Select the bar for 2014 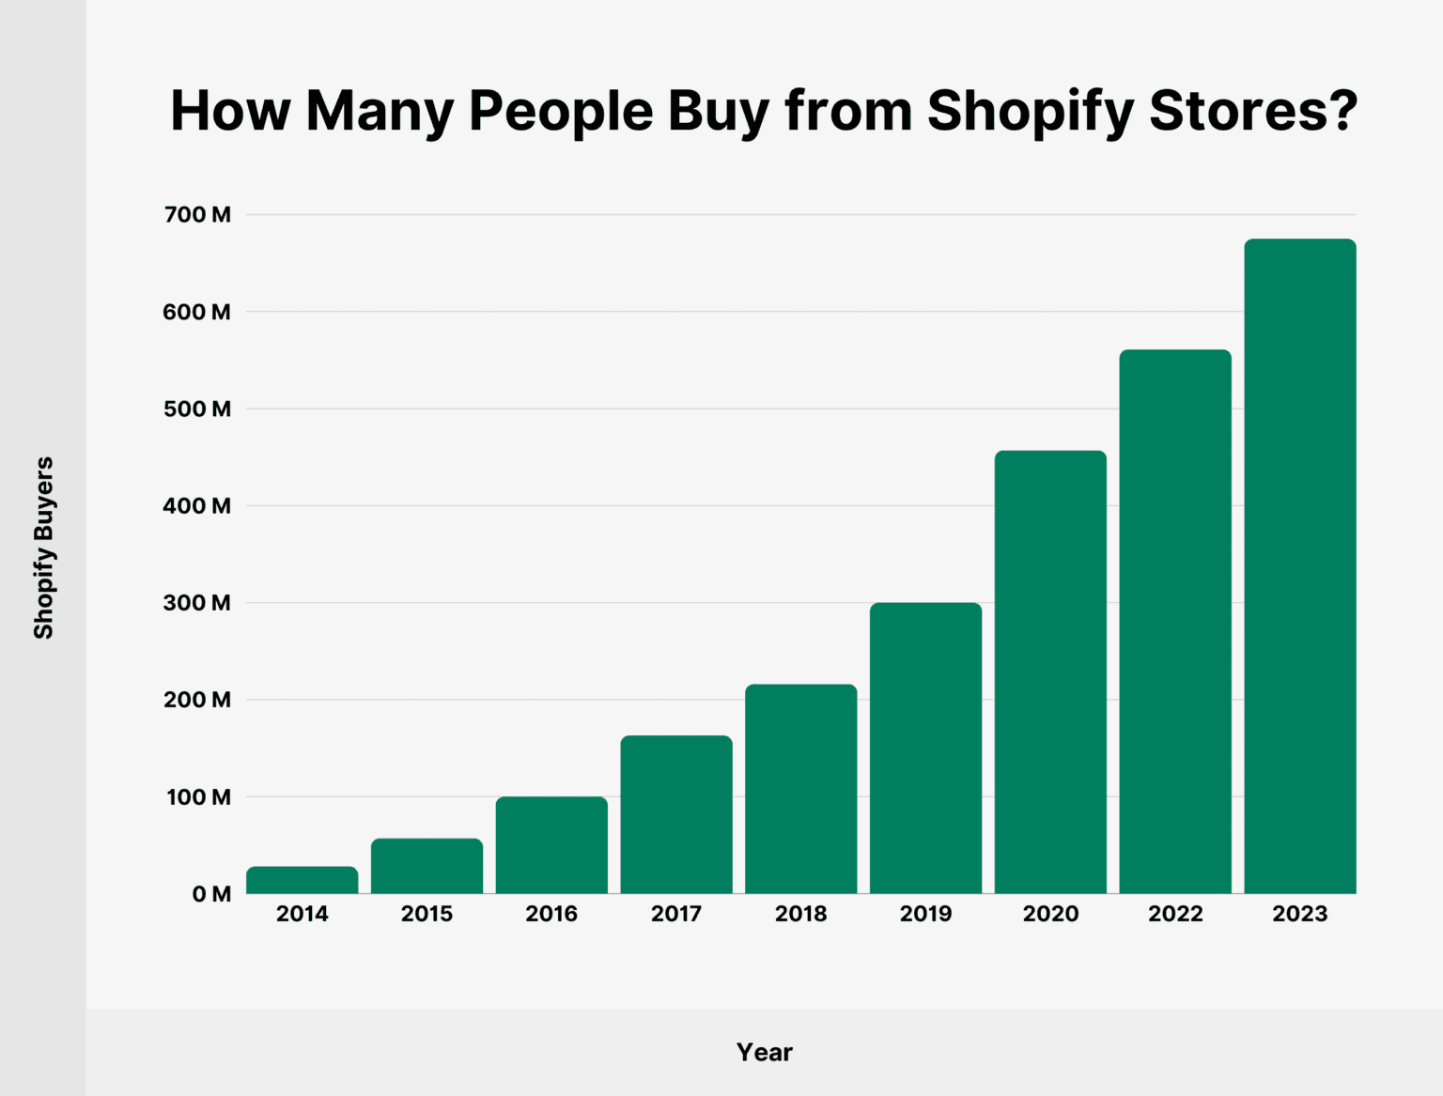tap(302, 880)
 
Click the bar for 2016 tap(551, 845)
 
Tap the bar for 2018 tap(800, 789)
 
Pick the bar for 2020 tap(1050, 671)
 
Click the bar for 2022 tap(1175, 621)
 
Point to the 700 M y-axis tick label tap(197, 215)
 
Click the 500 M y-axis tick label tap(197, 409)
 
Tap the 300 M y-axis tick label tap(197, 603)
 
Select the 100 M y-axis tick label tap(197, 797)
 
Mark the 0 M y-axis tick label tap(211, 894)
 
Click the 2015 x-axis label tap(427, 914)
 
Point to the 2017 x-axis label tap(676, 914)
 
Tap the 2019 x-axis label tap(925, 914)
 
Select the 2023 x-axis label tap(1299, 914)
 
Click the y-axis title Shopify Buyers tap(43, 548)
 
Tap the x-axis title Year tap(764, 1052)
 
